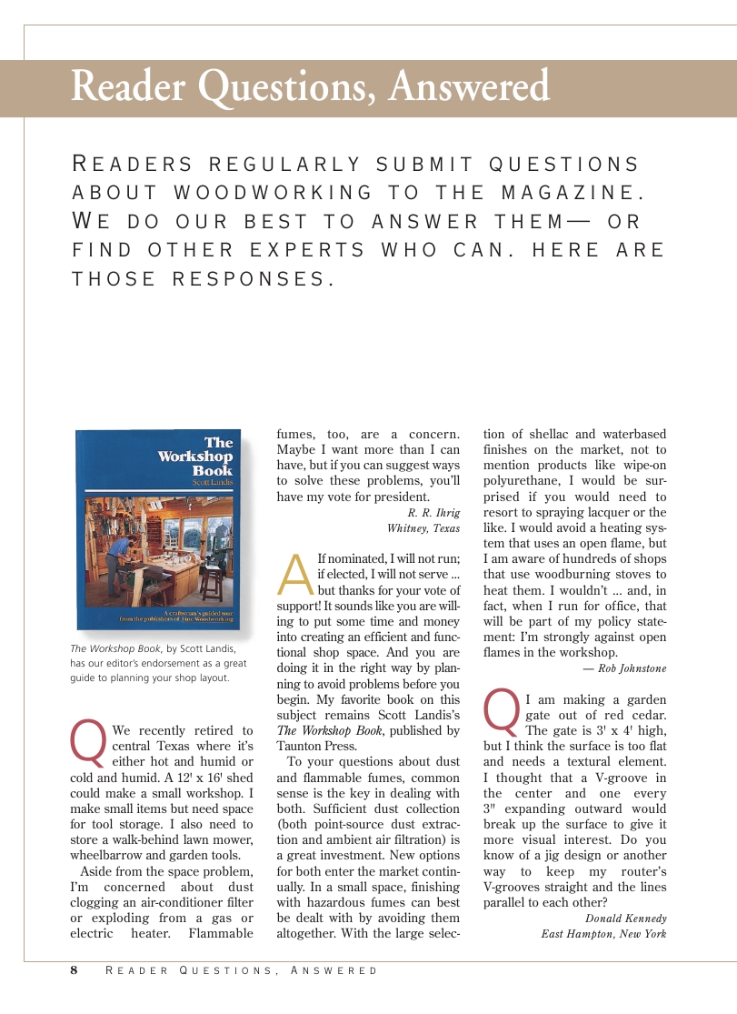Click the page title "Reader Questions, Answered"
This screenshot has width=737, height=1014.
pos(310,87)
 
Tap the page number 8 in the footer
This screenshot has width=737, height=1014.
pos(75,970)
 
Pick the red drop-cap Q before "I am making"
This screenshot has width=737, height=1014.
pos(503,711)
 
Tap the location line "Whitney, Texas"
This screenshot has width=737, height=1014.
pos(423,528)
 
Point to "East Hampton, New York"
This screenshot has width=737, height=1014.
pos(603,934)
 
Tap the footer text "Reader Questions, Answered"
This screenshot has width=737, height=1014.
pos(242,971)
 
